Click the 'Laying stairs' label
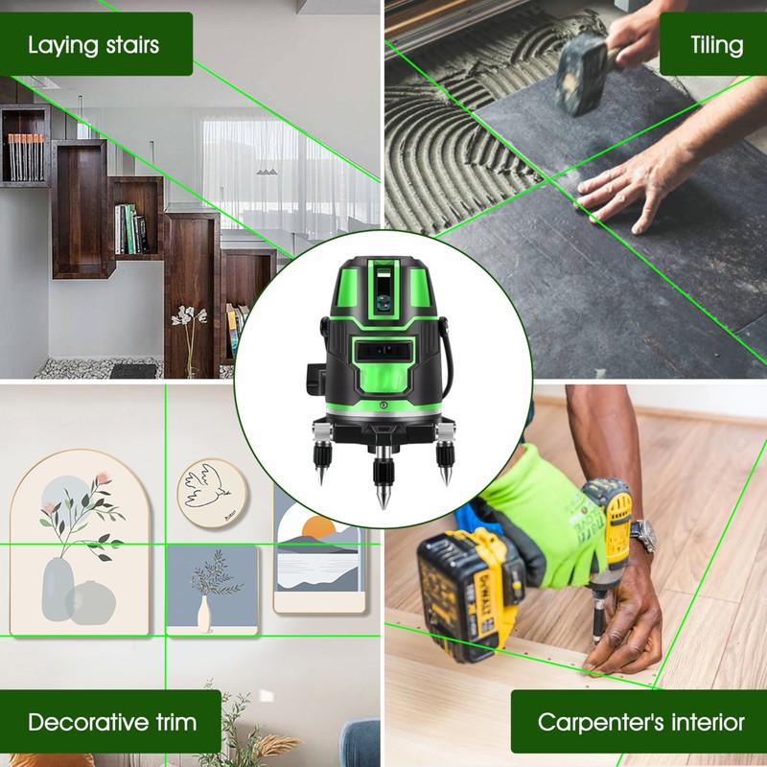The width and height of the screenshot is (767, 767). click(x=94, y=44)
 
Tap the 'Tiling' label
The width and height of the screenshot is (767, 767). click(x=715, y=44)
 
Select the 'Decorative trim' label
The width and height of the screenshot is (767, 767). click(x=112, y=721)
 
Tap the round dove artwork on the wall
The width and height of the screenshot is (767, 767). click(x=212, y=492)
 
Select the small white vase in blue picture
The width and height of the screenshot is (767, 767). click(x=203, y=614)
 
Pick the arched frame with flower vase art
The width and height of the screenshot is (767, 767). click(x=81, y=543)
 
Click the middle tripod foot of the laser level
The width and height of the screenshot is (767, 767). click(x=383, y=479)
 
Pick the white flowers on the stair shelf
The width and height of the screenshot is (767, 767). click(x=183, y=316)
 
